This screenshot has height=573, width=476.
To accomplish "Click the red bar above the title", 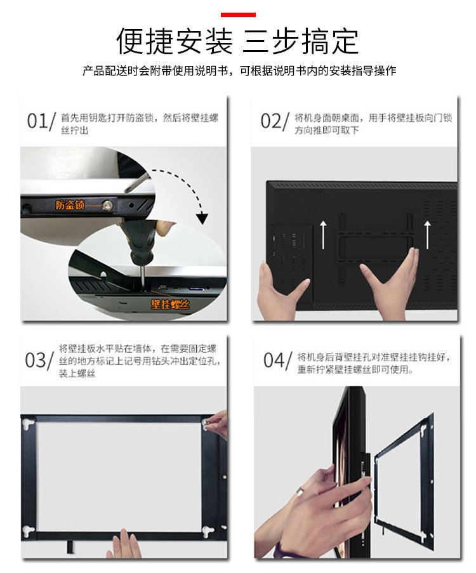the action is pyautogui.click(x=238, y=15).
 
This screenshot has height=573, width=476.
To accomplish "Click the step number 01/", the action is pyautogui.click(x=41, y=121).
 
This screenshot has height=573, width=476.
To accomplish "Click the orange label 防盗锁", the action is pyautogui.click(x=70, y=204).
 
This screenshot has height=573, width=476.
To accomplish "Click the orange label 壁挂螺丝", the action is pyautogui.click(x=170, y=304).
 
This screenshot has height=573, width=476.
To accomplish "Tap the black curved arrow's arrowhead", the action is pyautogui.click(x=201, y=218).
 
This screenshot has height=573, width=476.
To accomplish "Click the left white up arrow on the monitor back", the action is pyautogui.click(x=324, y=234).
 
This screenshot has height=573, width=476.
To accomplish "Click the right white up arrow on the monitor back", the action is pyautogui.click(x=427, y=234).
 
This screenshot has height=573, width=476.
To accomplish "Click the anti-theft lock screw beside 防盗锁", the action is pyautogui.click(x=107, y=206).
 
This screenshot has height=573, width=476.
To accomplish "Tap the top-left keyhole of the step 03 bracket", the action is pyautogui.click(x=29, y=425).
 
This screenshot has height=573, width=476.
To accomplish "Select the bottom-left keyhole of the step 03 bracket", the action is pyautogui.click(x=29, y=531).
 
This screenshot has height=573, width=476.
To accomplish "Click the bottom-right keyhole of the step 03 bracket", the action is pyautogui.click(x=208, y=531).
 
